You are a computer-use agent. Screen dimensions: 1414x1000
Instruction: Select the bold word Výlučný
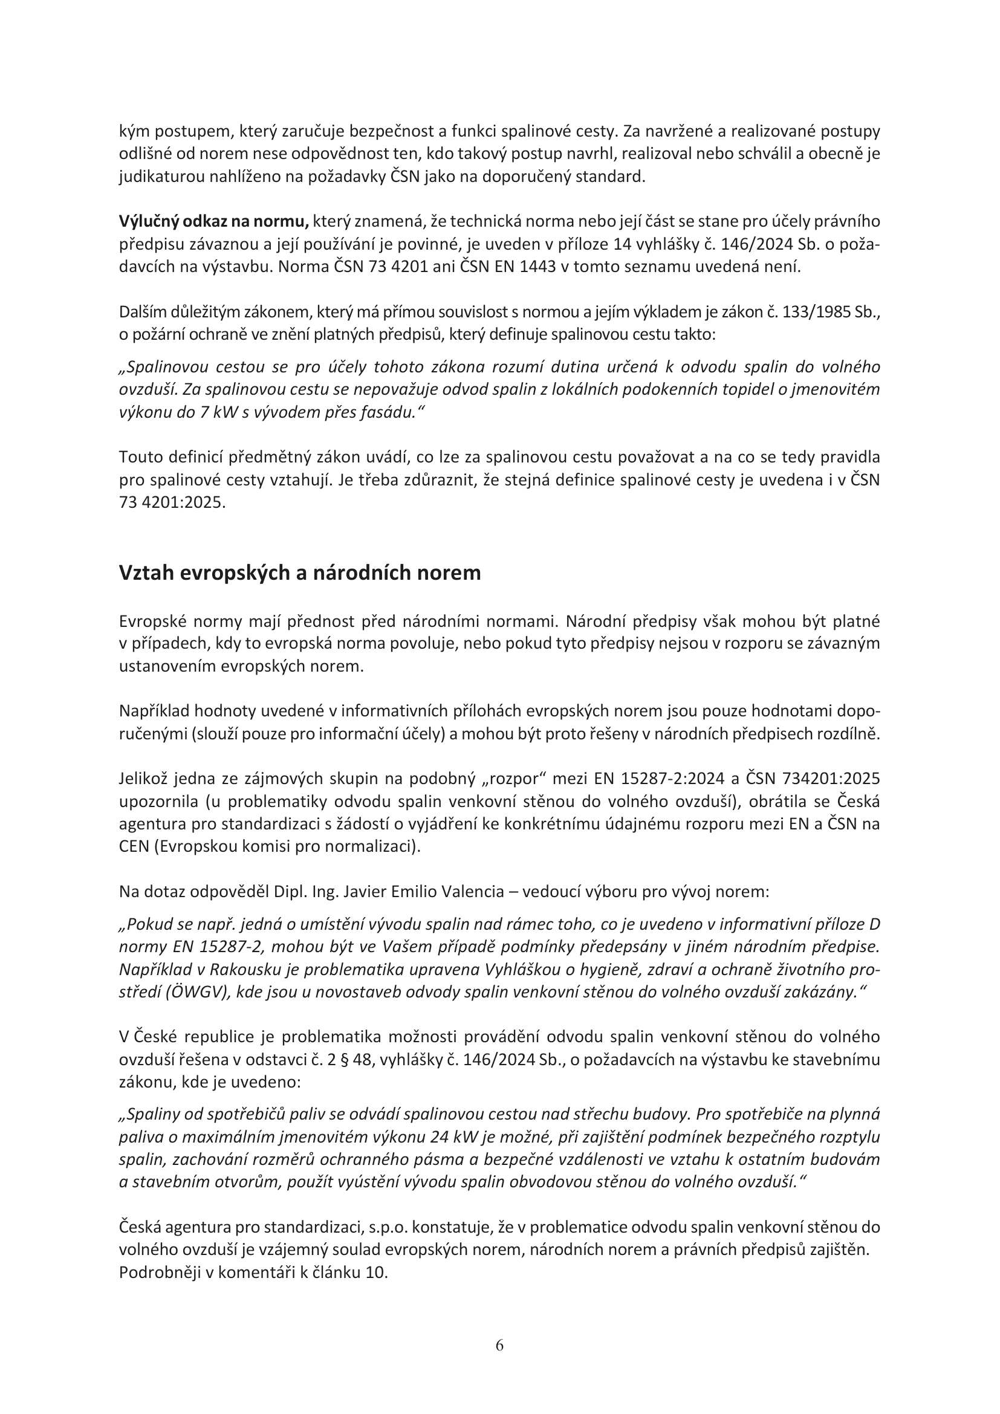point(148,221)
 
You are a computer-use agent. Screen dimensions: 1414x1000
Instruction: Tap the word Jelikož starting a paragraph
point(143,779)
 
